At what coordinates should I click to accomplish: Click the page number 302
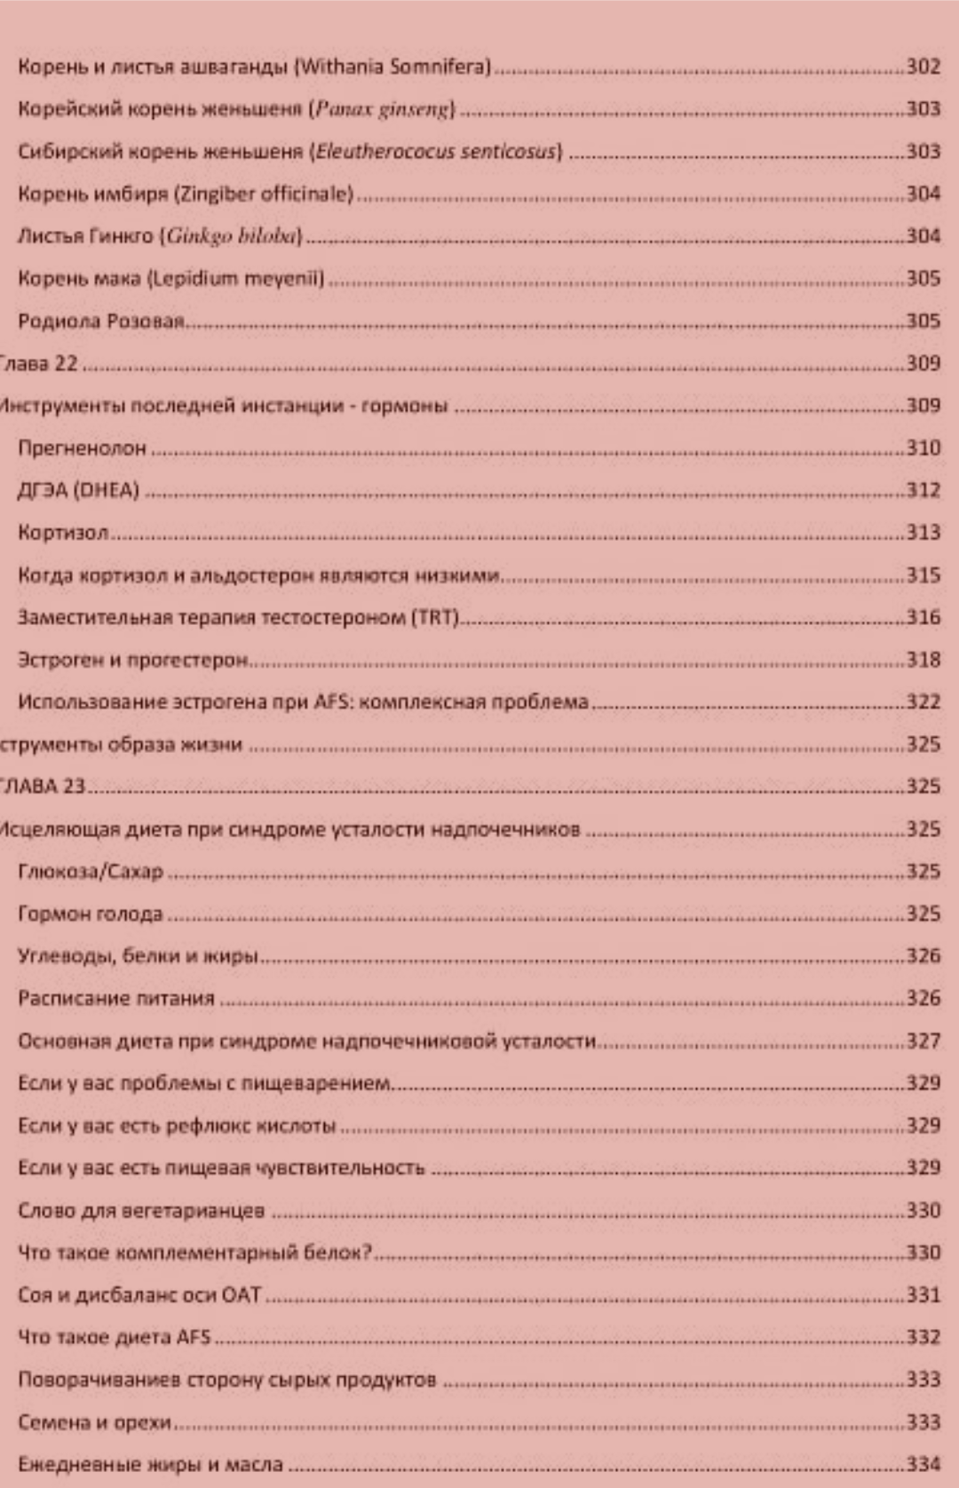(923, 67)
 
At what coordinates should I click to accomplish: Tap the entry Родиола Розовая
(101, 321)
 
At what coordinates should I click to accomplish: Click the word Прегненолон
(82, 448)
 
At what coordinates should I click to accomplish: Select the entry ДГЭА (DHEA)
(78, 490)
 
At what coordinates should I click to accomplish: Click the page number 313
(923, 533)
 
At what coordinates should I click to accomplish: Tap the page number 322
(923, 702)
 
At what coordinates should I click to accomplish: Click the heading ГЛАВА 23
(42, 787)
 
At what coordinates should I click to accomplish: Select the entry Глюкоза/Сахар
(91, 872)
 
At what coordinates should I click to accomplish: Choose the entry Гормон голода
(91, 914)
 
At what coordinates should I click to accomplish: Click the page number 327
(923, 1041)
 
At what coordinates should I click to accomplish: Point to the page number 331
(923, 1295)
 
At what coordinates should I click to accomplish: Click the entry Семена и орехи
(94, 1422)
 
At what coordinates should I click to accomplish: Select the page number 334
(923, 1465)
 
